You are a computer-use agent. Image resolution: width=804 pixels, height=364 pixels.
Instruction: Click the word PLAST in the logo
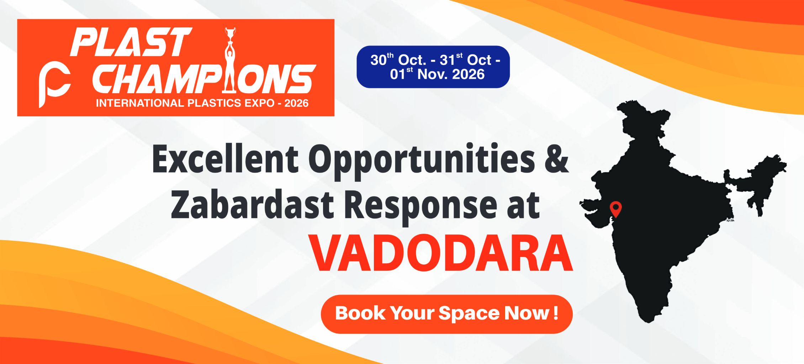point(131,42)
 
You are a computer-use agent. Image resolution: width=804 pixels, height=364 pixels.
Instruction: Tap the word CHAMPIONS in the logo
point(204,79)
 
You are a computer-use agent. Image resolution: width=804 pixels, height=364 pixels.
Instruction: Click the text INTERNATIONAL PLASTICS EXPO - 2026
point(202,103)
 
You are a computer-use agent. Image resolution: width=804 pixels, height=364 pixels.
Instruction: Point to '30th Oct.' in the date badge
point(398,59)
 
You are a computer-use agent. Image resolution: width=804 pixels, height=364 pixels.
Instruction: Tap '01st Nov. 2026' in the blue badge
point(437,74)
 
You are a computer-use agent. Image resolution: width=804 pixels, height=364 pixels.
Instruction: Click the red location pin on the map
point(616,209)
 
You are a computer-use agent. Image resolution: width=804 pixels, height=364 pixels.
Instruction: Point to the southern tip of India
point(649,321)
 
